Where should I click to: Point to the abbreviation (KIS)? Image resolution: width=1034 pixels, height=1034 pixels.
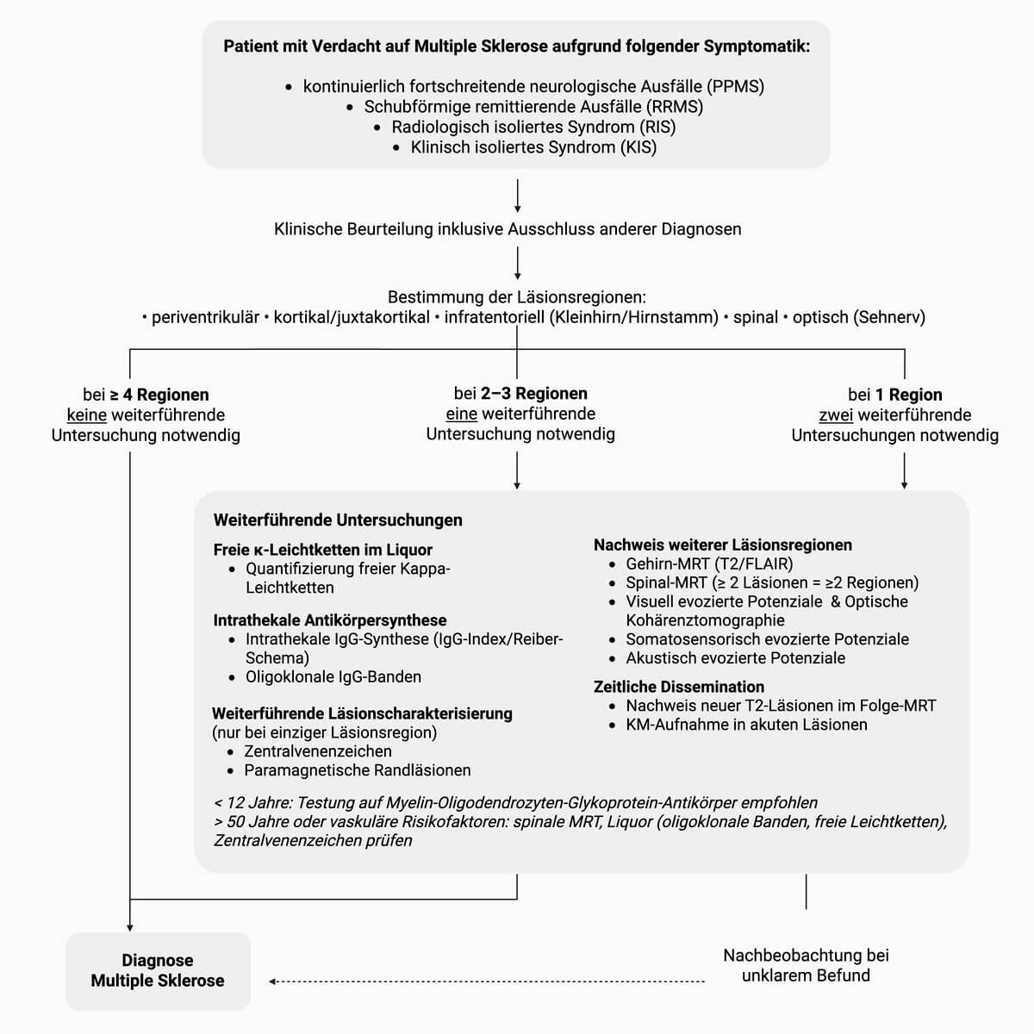tap(638, 147)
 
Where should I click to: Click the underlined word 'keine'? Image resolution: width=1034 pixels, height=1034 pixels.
tap(86, 415)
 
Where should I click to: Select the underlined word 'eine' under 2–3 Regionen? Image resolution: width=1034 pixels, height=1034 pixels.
tap(462, 414)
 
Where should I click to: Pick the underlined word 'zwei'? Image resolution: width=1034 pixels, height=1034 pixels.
tap(836, 415)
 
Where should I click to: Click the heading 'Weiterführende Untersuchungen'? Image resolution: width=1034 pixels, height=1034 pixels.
tap(338, 520)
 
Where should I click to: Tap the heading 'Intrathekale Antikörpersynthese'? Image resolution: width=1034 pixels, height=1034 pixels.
tap(330, 620)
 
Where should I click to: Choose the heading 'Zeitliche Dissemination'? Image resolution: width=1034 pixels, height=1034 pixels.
tap(679, 687)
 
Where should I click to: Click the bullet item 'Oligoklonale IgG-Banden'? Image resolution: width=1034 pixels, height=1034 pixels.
tap(333, 677)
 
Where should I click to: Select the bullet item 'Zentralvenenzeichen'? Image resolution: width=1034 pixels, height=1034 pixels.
tap(318, 751)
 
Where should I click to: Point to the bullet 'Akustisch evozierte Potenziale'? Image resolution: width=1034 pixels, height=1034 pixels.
tap(735, 658)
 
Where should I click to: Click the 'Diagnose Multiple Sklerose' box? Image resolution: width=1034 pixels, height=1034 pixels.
tap(158, 971)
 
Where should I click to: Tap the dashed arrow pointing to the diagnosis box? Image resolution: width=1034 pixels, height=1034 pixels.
tap(487, 981)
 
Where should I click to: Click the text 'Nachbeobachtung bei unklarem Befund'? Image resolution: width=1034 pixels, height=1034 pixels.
tap(806, 965)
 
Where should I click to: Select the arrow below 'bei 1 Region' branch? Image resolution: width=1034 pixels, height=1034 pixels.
tap(904, 471)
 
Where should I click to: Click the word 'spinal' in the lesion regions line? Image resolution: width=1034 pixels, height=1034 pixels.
tap(756, 317)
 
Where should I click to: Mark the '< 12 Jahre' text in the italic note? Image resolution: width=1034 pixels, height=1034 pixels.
tap(251, 803)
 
